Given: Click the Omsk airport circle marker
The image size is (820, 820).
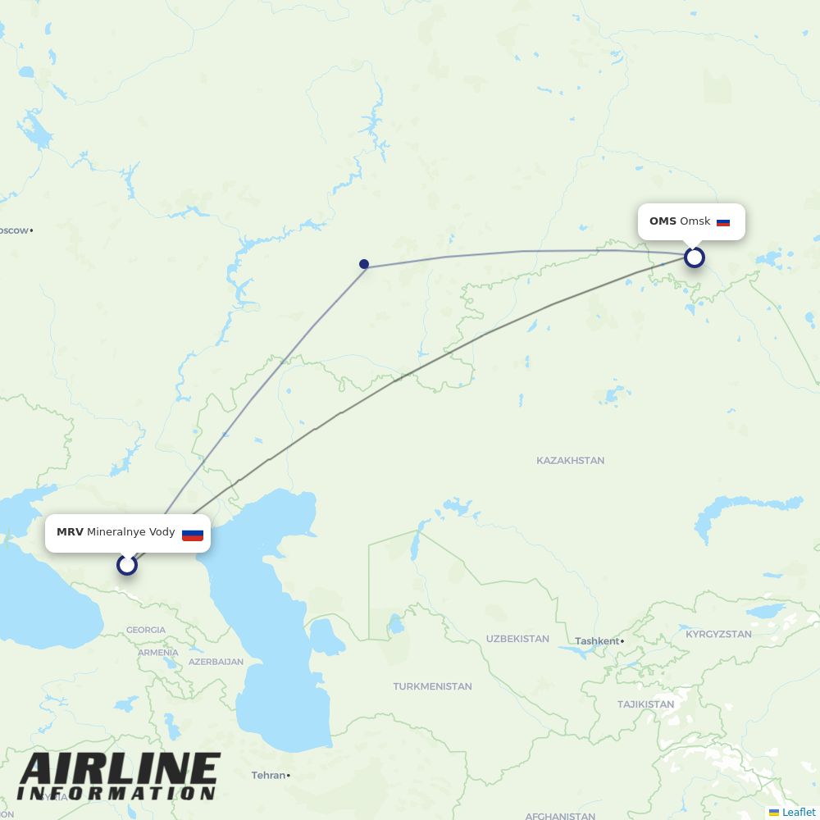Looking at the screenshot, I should tap(695, 257).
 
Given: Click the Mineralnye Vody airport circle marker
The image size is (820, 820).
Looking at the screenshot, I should tap(127, 564).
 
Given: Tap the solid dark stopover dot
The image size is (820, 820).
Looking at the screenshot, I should tap(364, 264).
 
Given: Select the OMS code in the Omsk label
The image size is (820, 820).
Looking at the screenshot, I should tap(663, 221).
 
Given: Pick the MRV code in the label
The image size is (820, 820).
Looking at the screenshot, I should tap(70, 532).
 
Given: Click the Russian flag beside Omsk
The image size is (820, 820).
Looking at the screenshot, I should tap(723, 222).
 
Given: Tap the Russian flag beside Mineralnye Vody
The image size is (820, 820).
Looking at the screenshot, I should tap(193, 534).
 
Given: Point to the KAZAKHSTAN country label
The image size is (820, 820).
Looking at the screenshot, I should tap(570, 461).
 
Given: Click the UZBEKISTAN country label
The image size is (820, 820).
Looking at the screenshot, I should tap(517, 639).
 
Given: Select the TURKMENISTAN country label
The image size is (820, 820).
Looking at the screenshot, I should tap(432, 686).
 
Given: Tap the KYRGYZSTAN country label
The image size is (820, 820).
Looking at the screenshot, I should tap(718, 634).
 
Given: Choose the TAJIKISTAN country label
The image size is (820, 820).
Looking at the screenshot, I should tap(645, 704).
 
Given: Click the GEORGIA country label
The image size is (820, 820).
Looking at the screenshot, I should tap(146, 630).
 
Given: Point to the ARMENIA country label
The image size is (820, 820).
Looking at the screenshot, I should tap(157, 653).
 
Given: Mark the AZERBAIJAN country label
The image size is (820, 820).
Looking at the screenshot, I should tap(216, 662).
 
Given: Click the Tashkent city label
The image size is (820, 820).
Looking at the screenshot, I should tap(597, 641).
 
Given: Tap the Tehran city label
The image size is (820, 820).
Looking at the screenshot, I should tap(269, 775).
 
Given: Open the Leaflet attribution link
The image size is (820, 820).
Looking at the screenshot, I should tap(798, 812).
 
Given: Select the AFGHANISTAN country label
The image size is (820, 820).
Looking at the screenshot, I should tap(560, 816).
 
